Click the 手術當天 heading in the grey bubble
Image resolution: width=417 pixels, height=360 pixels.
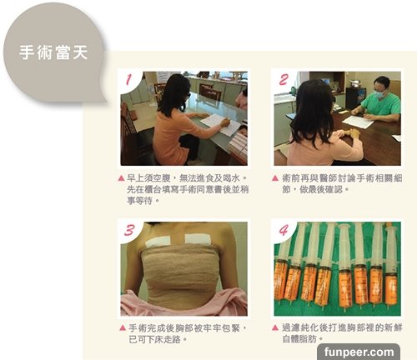click(x=53, y=52)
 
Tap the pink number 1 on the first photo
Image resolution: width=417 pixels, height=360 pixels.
click(x=128, y=80)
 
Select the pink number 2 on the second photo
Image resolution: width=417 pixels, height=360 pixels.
click(x=284, y=79)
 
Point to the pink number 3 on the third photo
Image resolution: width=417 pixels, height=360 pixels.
click(x=129, y=230)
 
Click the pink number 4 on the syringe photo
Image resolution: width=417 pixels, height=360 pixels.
click(x=284, y=230)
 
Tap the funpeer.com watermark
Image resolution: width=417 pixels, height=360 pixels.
click(x=359, y=352)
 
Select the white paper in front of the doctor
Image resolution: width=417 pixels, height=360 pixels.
click(x=358, y=122)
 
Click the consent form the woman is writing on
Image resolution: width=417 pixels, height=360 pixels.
click(x=220, y=125)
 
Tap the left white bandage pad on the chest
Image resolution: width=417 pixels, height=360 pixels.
click(x=158, y=241)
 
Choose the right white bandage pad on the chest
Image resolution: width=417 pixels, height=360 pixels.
click(x=198, y=240)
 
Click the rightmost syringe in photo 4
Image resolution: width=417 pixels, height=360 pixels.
click(x=391, y=267)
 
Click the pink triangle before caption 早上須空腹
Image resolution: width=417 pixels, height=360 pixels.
click(x=121, y=178)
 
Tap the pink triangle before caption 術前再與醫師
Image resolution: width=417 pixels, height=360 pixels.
click(x=275, y=178)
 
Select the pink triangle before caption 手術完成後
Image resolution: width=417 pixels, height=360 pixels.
click(x=123, y=327)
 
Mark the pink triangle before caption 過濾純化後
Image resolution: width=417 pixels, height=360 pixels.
click(x=275, y=327)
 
